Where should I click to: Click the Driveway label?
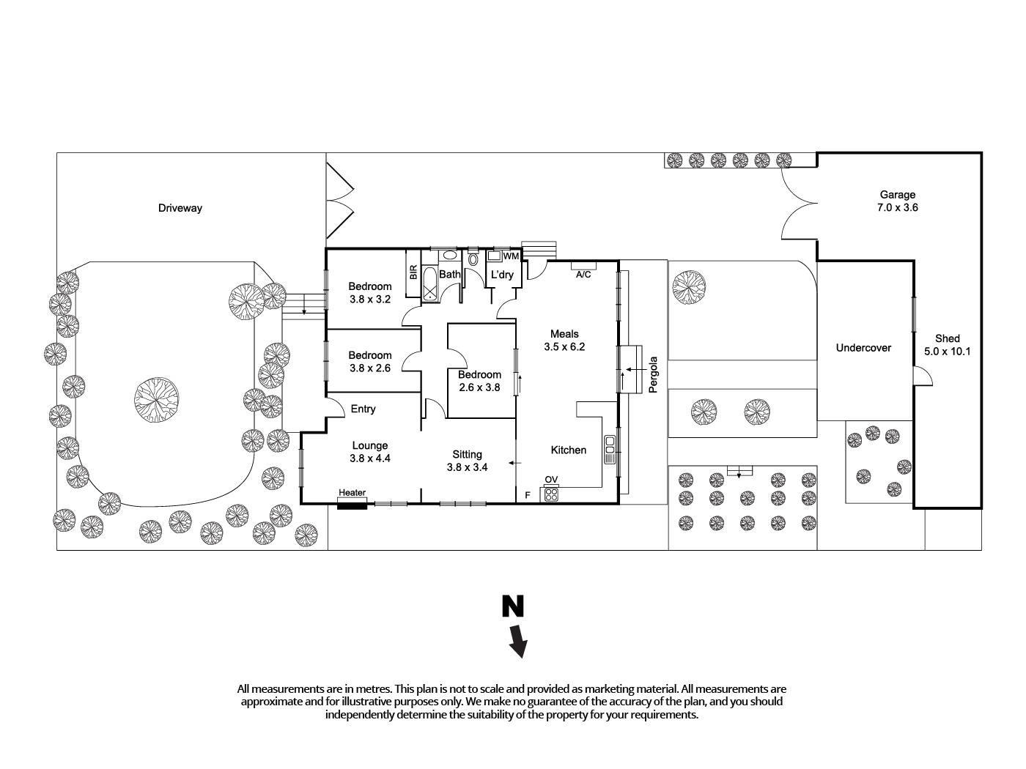[x=180, y=208]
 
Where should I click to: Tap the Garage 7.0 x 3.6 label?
[x=897, y=201]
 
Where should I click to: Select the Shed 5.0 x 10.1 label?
[x=947, y=344]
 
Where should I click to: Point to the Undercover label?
[x=863, y=348]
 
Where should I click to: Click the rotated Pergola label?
[x=654, y=375]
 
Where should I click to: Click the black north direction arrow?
[x=518, y=640]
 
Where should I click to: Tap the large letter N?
[x=513, y=606]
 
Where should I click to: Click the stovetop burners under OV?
[x=550, y=494]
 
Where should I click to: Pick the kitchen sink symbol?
[x=610, y=449]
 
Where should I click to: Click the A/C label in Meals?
[x=583, y=275]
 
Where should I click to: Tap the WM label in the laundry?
[x=511, y=256]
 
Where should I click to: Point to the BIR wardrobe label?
[x=413, y=272]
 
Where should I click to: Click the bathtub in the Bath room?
[x=429, y=284]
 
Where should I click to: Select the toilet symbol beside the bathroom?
[x=473, y=259]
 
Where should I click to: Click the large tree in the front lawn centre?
[x=156, y=400]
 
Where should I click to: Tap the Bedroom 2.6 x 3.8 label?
[x=480, y=381]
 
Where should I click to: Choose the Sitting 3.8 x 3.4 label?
[x=467, y=460]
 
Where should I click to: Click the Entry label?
[x=363, y=409]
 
